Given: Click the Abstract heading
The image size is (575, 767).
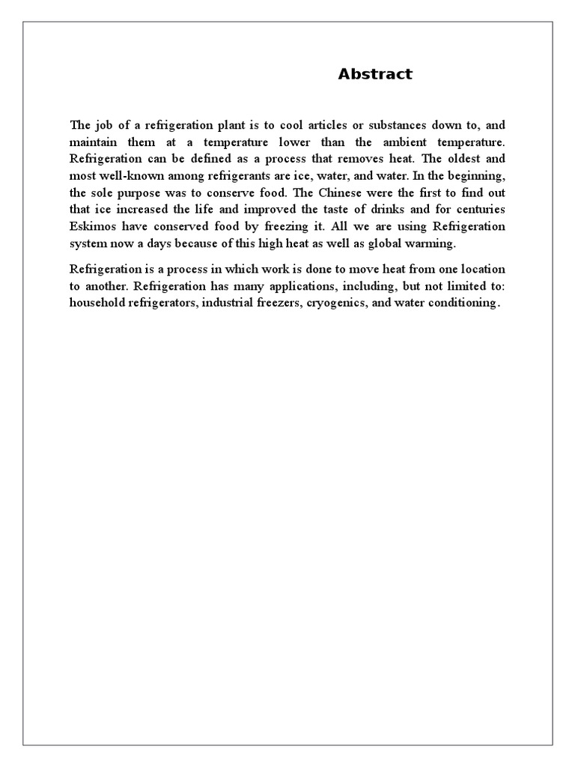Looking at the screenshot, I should [374, 74].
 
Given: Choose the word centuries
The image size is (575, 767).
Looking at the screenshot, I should [479, 209].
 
